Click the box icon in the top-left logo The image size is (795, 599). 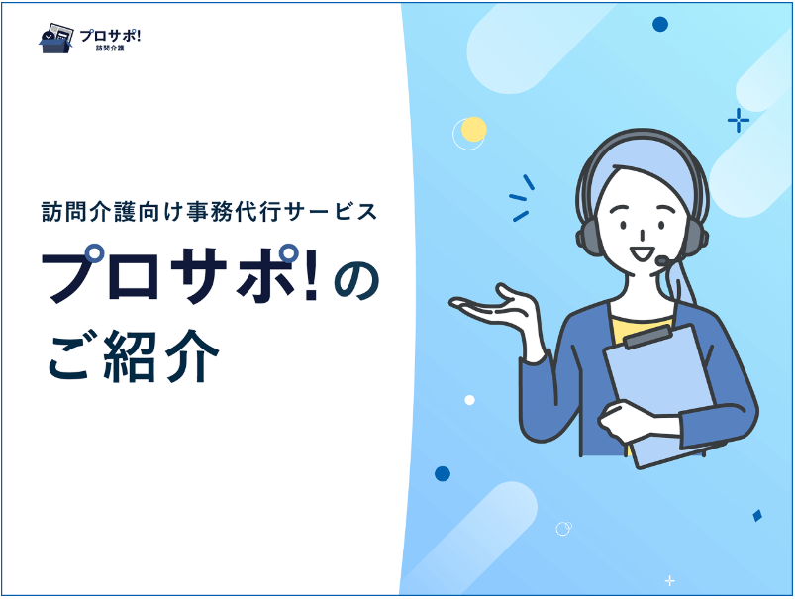pos(55,38)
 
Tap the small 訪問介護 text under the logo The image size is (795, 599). pos(110,49)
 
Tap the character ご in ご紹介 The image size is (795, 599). pos(69,356)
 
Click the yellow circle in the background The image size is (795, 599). pos(474,129)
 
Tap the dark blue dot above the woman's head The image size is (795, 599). pos(660,24)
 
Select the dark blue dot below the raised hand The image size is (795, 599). pos(443,473)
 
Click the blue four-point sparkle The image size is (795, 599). pos(739,121)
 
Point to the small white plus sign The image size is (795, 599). pos(670,581)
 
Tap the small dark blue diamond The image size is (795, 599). pos(757,516)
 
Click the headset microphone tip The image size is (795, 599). pos(662,260)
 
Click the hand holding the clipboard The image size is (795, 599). pos(629,421)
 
